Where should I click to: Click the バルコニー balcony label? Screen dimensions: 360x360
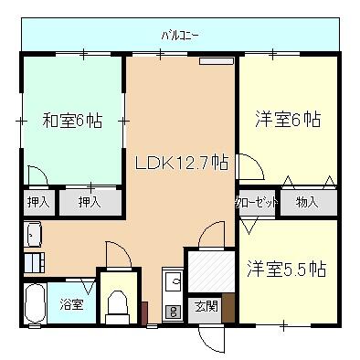180,36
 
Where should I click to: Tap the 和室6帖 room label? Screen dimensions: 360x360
71,120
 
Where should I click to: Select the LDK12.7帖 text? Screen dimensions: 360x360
182,164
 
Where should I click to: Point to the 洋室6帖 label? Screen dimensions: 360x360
287,119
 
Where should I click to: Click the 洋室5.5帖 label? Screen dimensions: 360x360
286,270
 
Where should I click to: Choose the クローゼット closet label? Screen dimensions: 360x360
257,203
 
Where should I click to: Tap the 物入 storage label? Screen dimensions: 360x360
306,203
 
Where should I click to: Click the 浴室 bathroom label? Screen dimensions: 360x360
72,303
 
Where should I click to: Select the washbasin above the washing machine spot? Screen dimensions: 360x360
33,234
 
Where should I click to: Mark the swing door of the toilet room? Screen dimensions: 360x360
119,254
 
